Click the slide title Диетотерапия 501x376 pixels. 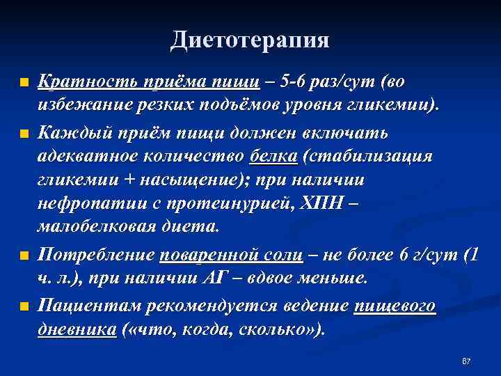(x=250, y=40)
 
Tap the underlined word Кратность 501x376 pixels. (x=77, y=81)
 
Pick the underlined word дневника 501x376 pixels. (x=77, y=329)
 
